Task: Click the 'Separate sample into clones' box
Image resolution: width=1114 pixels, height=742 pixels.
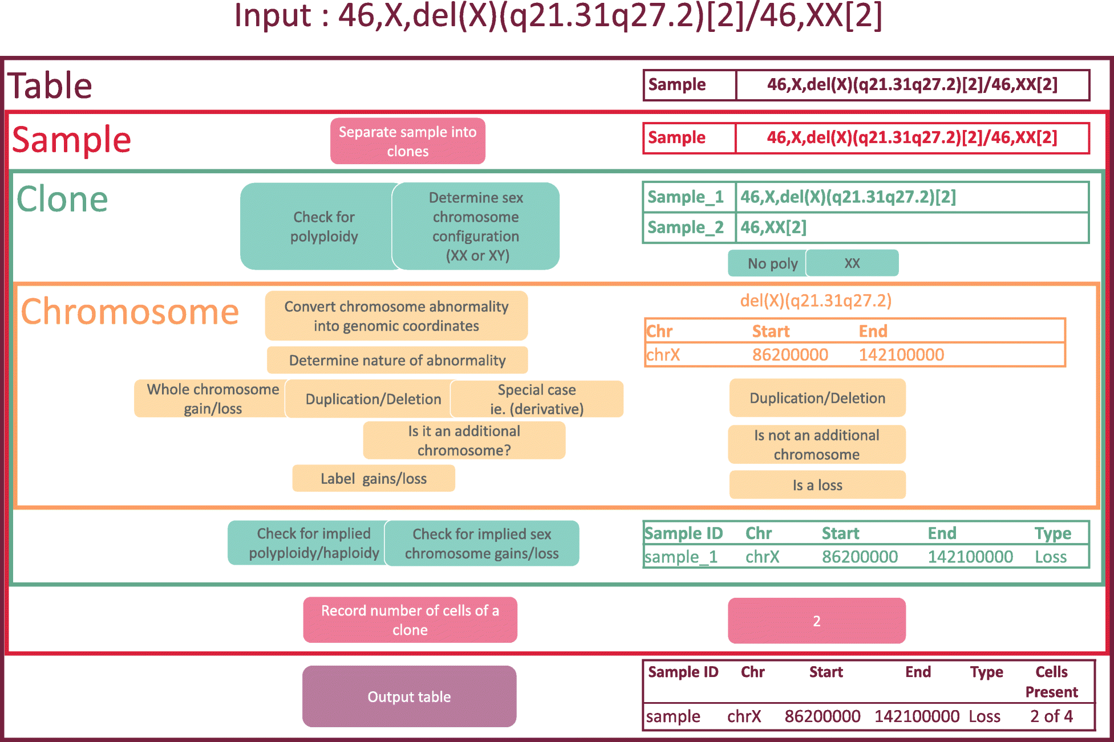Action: (x=408, y=141)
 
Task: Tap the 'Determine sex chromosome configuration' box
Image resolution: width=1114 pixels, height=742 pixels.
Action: (x=476, y=226)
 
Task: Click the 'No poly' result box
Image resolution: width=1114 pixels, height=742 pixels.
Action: (x=768, y=263)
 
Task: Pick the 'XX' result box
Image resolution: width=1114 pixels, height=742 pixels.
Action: (x=852, y=263)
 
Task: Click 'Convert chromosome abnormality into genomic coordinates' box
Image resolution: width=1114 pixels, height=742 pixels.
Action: (x=396, y=316)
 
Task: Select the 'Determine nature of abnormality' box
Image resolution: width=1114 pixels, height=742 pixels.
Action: (x=398, y=360)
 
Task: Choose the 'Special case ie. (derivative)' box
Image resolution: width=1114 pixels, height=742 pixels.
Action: (x=537, y=399)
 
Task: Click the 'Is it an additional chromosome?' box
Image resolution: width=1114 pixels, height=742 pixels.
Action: (x=464, y=441)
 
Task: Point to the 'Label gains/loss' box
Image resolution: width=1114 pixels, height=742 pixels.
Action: (x=374, y=478)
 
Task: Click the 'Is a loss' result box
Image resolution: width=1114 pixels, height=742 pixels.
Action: (x=817, y=485)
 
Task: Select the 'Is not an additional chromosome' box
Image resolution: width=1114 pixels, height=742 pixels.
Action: (x=817, y=445)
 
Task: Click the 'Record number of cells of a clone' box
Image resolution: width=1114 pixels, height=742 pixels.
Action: (x=410, y=620)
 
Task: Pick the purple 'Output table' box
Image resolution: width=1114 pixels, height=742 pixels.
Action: (x=410, y=696)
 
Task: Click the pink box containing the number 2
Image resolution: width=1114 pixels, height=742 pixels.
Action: (x=817, y=621)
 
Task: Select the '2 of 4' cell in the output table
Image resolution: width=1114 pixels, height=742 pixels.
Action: (x=1051, y=716)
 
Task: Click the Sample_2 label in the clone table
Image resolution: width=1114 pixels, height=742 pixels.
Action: (x=686, y=227)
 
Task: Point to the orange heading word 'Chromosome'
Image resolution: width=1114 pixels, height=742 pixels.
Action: (x=130, y=312)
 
